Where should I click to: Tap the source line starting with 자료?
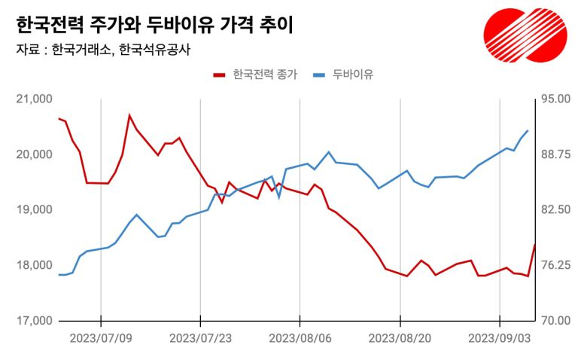tap(102, 51)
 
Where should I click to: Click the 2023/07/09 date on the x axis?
tap(101, 338)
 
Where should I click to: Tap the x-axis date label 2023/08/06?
tap(300, 338)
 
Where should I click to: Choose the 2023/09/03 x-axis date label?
tap(500, 338)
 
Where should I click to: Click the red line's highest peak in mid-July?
tap(129, 115)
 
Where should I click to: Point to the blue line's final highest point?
tap(528, 130)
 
